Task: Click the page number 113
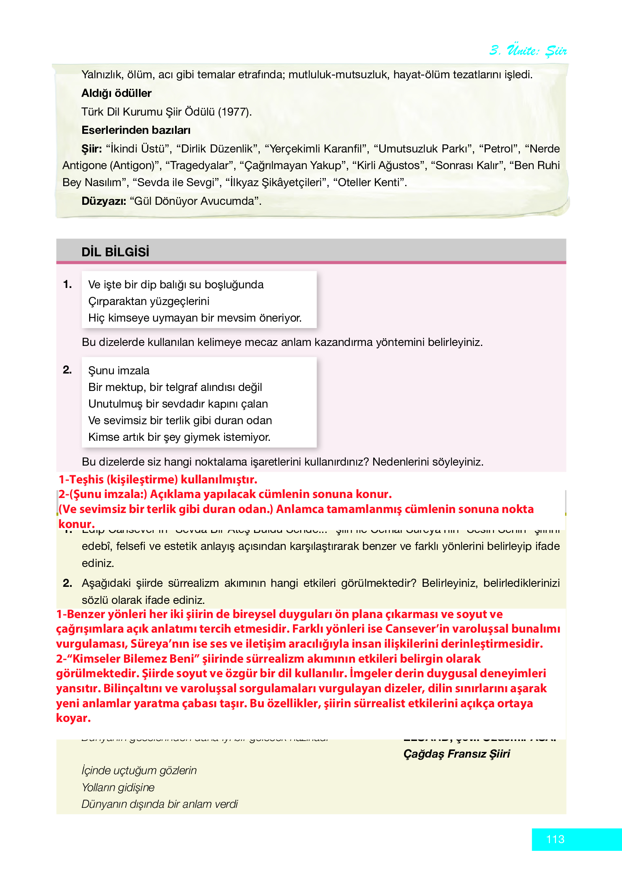(555, 839)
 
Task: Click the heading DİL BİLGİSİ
(115, 252)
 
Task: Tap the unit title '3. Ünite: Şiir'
(528, 50)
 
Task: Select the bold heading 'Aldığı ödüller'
(116, 93)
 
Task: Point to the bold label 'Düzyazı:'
(104, 201)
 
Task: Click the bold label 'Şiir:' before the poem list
(92, 149)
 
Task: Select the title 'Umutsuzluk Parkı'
(423, 149)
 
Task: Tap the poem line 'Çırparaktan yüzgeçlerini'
(149, 301)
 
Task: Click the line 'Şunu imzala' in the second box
(119, 371)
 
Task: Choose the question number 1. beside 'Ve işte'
(68, 284)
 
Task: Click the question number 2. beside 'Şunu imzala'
(67, 370)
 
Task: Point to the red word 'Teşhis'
(87, 479)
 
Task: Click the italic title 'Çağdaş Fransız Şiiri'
(456, 754)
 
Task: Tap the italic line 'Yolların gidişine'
(118, 788)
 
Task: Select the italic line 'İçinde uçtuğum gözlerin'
(139, 771)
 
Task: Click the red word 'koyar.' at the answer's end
(73, 718)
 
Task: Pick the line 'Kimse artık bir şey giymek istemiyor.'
(179, 437)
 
